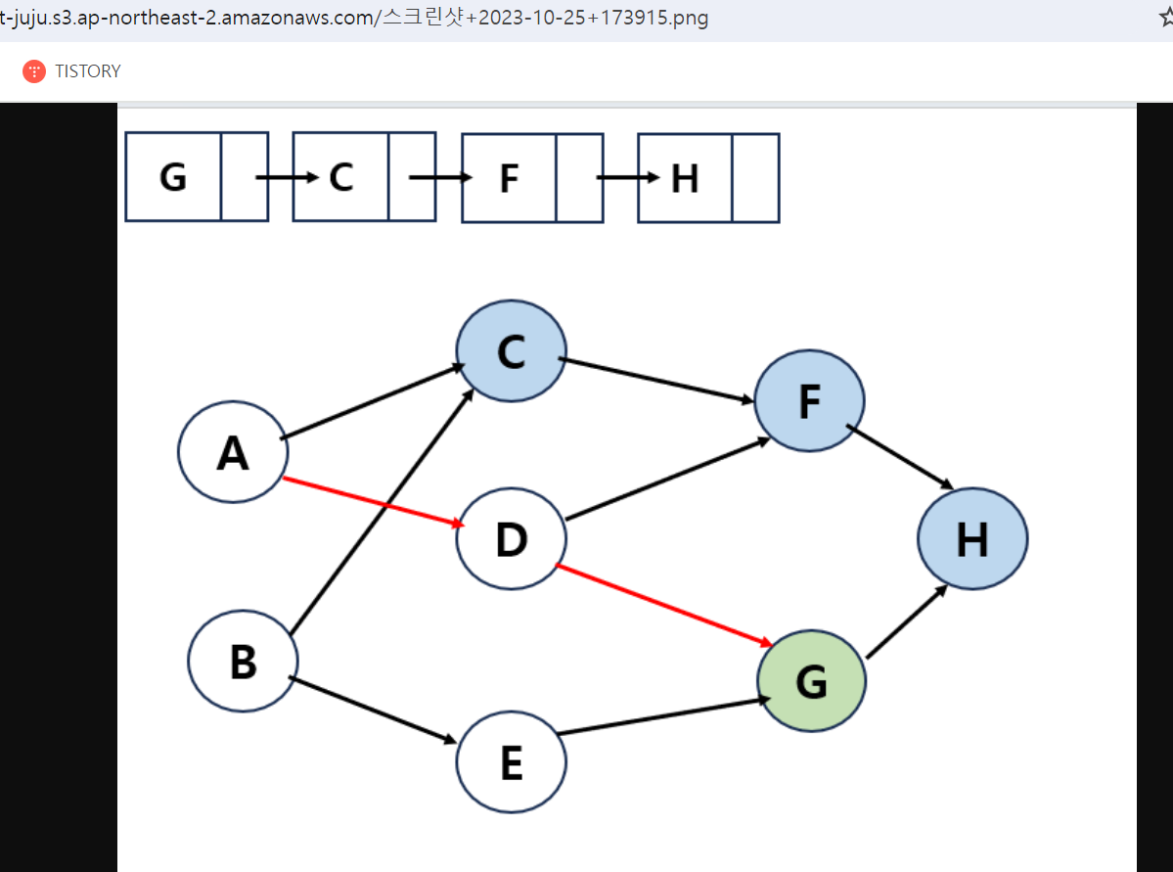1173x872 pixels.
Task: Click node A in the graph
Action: tap(233, 452)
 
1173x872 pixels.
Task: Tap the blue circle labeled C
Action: tap(511, 350)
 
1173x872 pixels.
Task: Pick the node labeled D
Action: tap(511, 538)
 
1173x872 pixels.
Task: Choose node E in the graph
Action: tap(511, 762)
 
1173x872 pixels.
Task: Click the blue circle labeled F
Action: tap(809, 400)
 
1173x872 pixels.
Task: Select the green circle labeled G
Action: tap(811, 681)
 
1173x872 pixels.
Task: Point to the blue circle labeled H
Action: tap(971, 538)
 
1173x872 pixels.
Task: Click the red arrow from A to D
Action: tap(372, 502)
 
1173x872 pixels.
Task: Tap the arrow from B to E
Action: tap(374, 711)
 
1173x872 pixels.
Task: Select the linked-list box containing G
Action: tap(173, 177)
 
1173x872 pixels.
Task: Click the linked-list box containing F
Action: tap(509, 178)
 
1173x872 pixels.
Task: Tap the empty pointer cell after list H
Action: tap(755, 178)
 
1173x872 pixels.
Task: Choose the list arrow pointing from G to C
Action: tap(287, 177)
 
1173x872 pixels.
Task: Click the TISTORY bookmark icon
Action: tap(34, 71)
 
